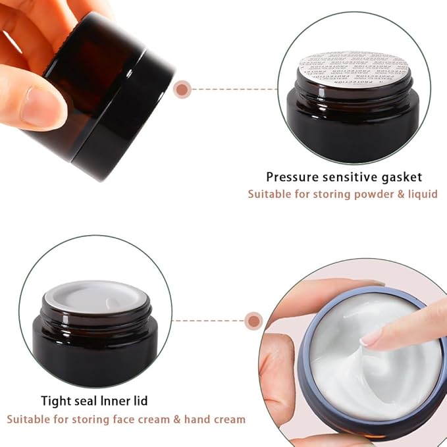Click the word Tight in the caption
pos(55,401)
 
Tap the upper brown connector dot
pos(182,88)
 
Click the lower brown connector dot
pos(253,321)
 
